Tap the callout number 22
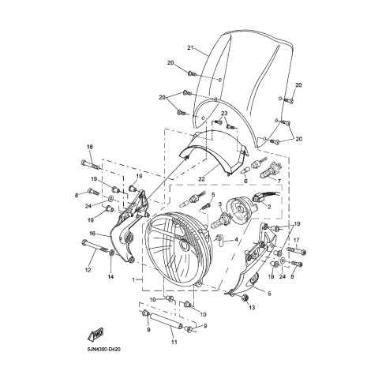point(201,179)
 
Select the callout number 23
point(224,114)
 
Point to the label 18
point(90,147)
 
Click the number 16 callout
point(92,234)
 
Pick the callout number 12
point(88,270)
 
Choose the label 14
point(110,276)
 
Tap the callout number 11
point(174,343)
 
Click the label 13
point(252,308)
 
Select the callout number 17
point(296,240)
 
